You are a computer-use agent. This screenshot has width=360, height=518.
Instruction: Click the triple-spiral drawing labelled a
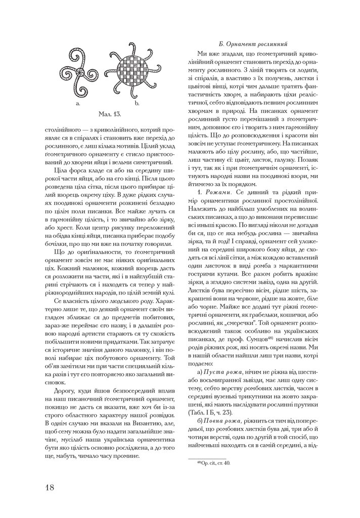tap(78, 71)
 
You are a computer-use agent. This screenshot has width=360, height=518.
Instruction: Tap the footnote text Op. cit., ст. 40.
tap(215, 462)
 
